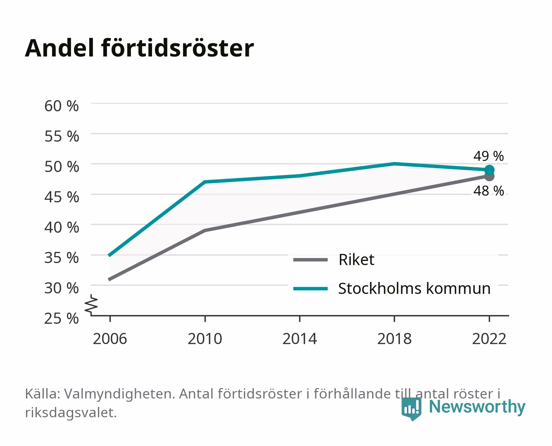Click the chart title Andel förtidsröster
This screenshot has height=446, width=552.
tap(139, 48)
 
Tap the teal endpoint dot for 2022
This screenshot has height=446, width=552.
tap(489, 170)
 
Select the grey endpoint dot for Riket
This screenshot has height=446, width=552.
tap(489, 177)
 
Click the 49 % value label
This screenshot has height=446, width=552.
tap(488, 156)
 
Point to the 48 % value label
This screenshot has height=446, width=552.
tap(488, 191)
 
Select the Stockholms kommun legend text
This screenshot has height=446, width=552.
tap(414, 289)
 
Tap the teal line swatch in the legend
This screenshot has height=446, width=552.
tap(310, 289)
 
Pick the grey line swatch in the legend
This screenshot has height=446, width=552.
tap(310, 260)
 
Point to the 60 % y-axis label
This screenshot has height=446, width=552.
tap(62, 106)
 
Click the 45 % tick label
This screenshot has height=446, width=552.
tap(62, 197)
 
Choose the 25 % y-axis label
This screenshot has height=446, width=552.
tap(62, 318)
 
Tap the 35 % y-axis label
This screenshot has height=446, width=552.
tap(62, 258)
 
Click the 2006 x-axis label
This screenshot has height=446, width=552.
tap(110, 339)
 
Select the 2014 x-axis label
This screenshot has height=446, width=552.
tap(300, 339)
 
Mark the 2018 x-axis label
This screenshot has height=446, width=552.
tap(395, 339)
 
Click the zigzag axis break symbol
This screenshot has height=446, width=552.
tap(91, 305)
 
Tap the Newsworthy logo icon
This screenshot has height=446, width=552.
tap(411, 409)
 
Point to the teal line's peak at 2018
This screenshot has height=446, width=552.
tap(394, 164)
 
